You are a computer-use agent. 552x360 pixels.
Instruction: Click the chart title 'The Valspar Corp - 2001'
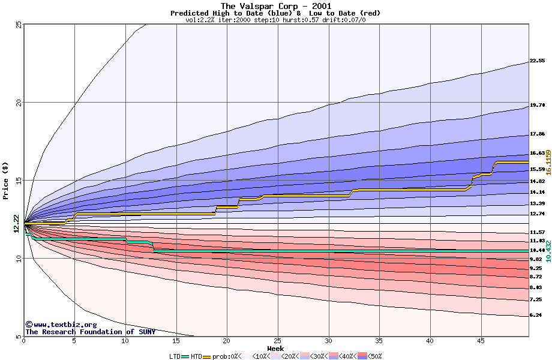click(x=275, y=6)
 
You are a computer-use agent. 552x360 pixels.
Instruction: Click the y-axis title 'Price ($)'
click(x=6, y=181)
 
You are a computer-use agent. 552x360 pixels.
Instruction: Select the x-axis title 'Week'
click(x=275, y=349)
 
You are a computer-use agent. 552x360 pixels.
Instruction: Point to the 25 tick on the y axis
click(x=19, y=25)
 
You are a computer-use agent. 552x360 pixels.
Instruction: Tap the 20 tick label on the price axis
click(x=19, y=103)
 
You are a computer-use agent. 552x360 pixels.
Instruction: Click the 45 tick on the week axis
click(x=481, y=341)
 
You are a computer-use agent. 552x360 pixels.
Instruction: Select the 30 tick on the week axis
click(x=328, y=341)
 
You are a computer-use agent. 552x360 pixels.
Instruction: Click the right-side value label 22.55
click(x=536, y=61)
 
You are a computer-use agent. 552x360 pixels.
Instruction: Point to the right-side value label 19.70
click(x=536, y=105)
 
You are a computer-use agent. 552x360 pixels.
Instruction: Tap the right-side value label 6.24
click(x=535, y=315)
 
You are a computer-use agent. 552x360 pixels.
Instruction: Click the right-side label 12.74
click(x=536, y=214)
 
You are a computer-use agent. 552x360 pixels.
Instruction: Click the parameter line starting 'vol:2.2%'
click(x=275, y=20)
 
